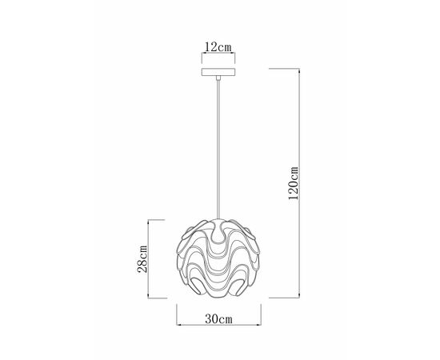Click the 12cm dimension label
[x=218, y=47]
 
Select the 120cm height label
[x=294, y=183]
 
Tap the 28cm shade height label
[x=142, y=259]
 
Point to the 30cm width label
[x=219, y=318]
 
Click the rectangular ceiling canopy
[x=218, y=72]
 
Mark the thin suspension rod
[x=218, y=150]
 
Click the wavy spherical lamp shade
[x=218, y=258]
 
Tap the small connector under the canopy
[x=218, y=78]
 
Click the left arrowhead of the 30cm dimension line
[x=178, y=325]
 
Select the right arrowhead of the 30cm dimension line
[x=258, y=325]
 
